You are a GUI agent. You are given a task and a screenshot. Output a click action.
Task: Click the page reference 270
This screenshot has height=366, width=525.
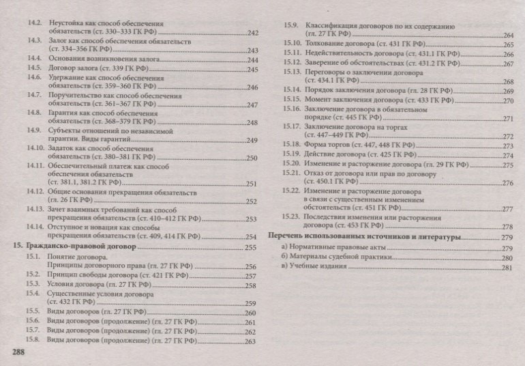click(507, 100)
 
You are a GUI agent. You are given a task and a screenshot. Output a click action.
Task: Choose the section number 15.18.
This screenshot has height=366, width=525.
click(292, 145)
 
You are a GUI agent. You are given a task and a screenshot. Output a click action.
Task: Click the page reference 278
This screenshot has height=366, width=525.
click(507, 227)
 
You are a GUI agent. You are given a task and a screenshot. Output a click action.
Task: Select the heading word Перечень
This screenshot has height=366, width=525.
click(287, 237)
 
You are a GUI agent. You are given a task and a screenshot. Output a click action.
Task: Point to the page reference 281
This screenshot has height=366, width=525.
click(507, 268)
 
